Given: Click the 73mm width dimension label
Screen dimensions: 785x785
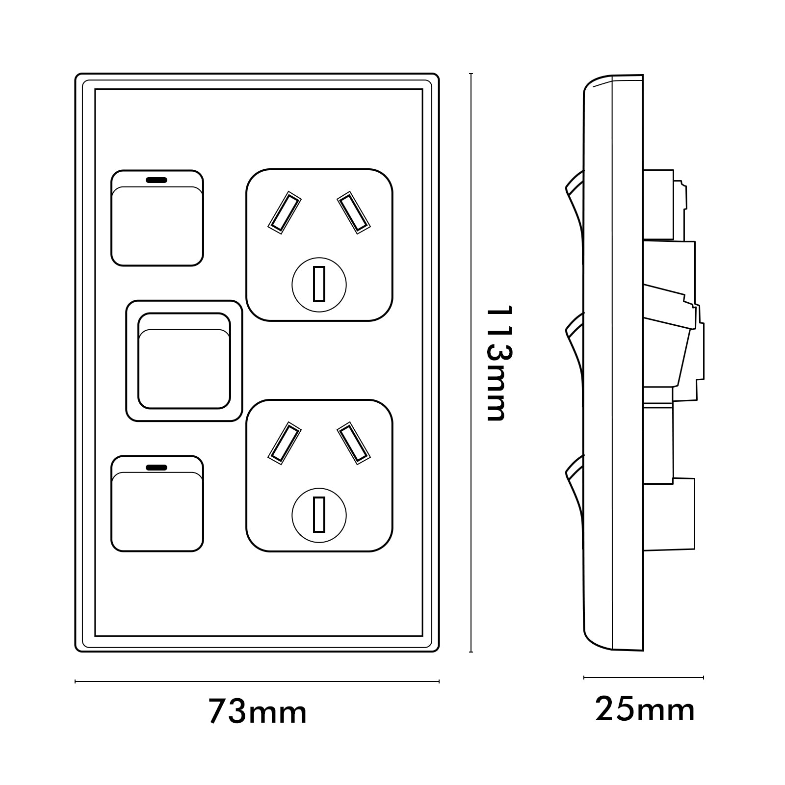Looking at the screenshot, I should pos(258,711).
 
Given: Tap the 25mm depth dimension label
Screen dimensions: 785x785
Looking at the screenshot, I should pos(645,709).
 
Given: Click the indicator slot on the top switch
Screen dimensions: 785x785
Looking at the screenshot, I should pos(157,180).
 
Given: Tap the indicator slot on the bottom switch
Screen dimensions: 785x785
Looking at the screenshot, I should pos(157,467).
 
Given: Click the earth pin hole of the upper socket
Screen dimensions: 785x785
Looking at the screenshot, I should pos(319,284).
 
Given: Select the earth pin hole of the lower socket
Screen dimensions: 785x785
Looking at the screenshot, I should pos(319,515).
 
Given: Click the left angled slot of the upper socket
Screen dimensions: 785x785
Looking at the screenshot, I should pos(285,211).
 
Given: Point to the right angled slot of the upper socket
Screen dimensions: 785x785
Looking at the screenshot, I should pos(353,211).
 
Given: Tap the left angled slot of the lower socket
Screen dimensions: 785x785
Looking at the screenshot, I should pos(285,443).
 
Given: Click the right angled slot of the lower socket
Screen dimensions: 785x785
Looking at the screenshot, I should pos(353,443).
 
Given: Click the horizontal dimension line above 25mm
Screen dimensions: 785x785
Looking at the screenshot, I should pos(644,678).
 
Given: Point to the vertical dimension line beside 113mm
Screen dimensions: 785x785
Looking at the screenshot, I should pos(471,363).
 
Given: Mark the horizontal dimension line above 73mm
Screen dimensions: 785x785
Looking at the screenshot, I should pos(257,681).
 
